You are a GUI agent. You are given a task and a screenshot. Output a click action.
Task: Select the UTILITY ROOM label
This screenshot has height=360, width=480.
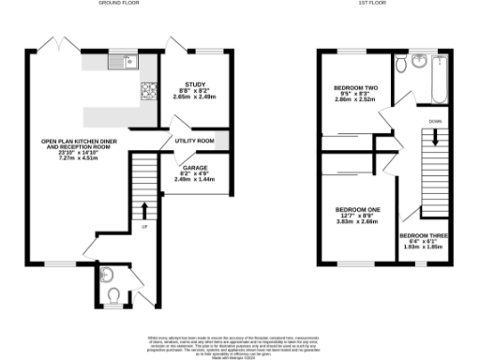pyautogui.click(x=195, y=142)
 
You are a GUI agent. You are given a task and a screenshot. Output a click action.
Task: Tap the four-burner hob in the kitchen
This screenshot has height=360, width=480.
pyautogui.click(x=147, y=92)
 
